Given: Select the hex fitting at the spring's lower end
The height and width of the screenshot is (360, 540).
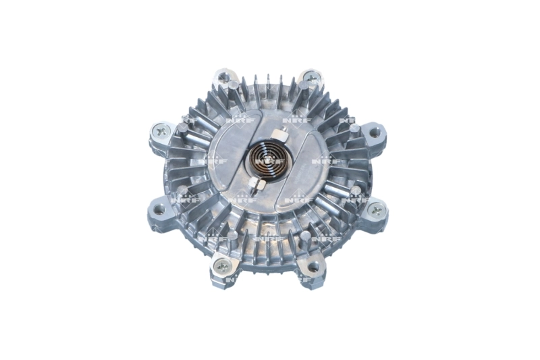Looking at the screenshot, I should click(x=254, y=184).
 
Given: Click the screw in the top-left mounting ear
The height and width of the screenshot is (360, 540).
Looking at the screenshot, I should click(x=223, y=76).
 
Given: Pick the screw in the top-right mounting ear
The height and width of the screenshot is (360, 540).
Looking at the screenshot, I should click(x=311, y=77).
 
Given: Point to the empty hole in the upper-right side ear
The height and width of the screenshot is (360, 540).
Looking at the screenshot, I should click(x=374, y=133).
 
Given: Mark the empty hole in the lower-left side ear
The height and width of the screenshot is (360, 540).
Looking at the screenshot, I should click(x=159, y=209).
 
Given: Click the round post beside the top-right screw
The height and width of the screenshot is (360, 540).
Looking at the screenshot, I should click(x=302, y=86).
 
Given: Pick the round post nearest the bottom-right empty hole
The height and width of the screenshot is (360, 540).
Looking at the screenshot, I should click(x=304, y=237).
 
